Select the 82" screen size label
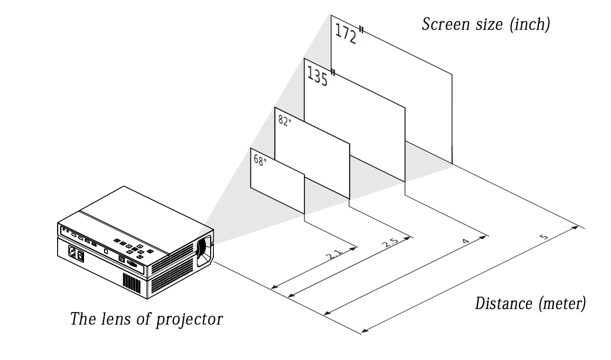[x=284, y=121]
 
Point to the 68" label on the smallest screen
[x=260, y=160]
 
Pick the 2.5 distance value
[x=389, y=243]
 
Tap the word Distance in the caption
[x=504, y=303]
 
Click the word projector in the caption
[x=189, y=319]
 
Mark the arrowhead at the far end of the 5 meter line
[x=578, y=227]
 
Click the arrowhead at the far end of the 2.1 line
[x=354, y=247]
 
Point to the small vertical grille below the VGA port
[x=129, y=281]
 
